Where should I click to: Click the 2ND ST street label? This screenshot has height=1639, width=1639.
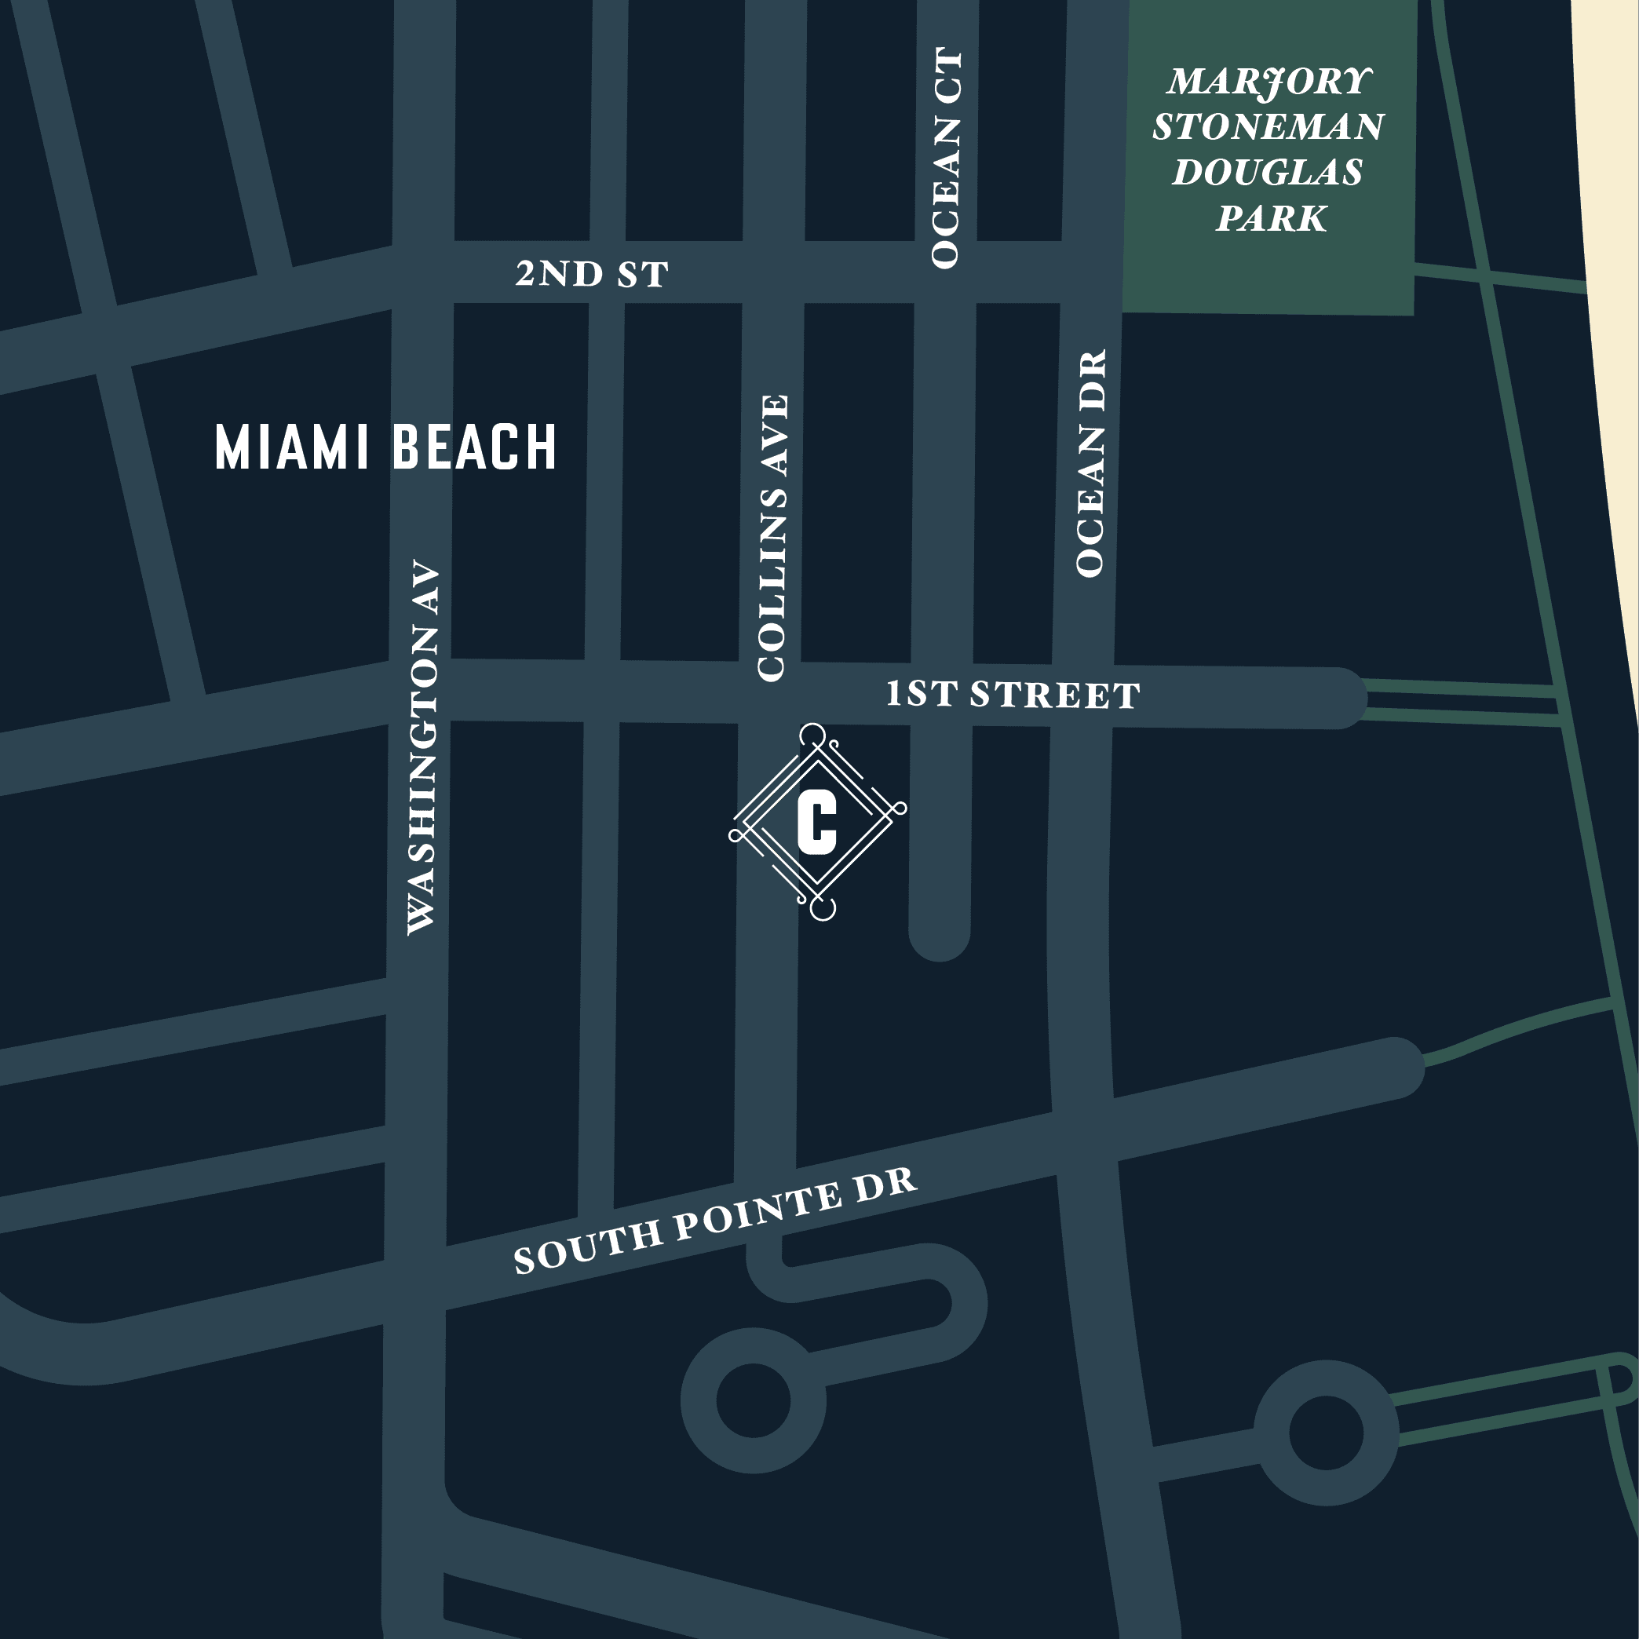click(x=591, y=274)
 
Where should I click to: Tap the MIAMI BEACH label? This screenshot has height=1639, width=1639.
click(x=385, y=447)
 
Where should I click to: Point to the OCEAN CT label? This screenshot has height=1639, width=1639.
click(x=946, y=159)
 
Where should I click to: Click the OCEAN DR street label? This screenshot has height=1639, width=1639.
click(x=1091, y=462)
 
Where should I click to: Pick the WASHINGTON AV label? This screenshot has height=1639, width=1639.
click(x=422, y=747)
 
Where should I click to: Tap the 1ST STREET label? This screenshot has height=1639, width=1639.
click(x=1012, y=695)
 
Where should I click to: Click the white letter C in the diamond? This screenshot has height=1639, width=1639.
click(x=817, y=821)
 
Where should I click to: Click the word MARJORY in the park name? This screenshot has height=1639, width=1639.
click(x=1268, y=82)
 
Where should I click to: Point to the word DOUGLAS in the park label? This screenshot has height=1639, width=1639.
click(x=1268, y=173)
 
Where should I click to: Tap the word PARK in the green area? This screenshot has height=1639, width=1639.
click(x=1270, y=219)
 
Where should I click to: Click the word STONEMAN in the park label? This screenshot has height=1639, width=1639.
click(x=1268, y=127)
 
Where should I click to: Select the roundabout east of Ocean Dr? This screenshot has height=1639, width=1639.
click(x=1325, y=1433)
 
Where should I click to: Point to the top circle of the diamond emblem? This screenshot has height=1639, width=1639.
click(x=812, y=736)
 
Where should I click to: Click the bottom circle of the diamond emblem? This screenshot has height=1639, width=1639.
click(x=822, y=907)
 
